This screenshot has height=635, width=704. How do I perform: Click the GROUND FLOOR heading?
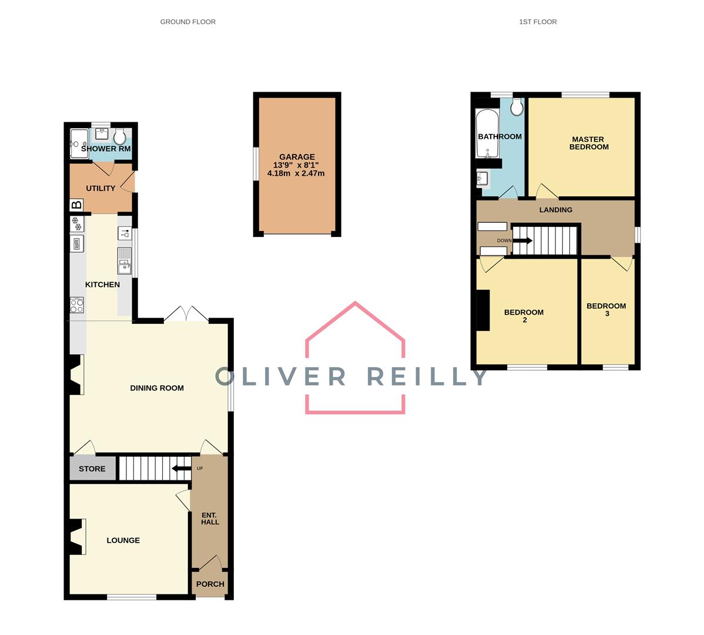pyautogui.click(x=187, y=22)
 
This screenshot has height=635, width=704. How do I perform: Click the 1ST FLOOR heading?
pyautogui.click(x=537, y=22)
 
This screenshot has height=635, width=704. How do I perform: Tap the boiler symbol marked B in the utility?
pyautogui.click(x=76, y=205)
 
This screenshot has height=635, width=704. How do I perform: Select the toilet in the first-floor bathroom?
pyautogui.click(x=517, y=107)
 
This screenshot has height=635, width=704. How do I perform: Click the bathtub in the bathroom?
pyautogui.click(x=487, y=134)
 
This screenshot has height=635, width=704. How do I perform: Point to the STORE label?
pyautogui.click(x=92, y=469)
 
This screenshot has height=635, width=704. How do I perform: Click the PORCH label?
pyautogui.click(x=210, y=584)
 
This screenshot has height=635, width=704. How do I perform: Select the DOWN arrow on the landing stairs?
pyautogui.click(x=522, y=240)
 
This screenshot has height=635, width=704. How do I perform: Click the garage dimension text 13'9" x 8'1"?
pyautogui.click(x=296, y=165)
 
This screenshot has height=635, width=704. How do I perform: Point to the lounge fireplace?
pyautogui.click(x=77, y=536)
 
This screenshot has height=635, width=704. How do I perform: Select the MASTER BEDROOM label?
pyautogui.click(x=588, y=143)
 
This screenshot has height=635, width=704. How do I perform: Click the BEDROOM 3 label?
pyautogui.click(x=606, y=309)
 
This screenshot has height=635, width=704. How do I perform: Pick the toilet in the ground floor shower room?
pyautogui.click(x=120, y=138)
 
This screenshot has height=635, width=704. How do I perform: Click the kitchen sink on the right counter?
pyautogui.click(x=125, y=261)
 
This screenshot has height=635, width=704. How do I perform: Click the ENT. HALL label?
pyautogui.click(x=210, y=519)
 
